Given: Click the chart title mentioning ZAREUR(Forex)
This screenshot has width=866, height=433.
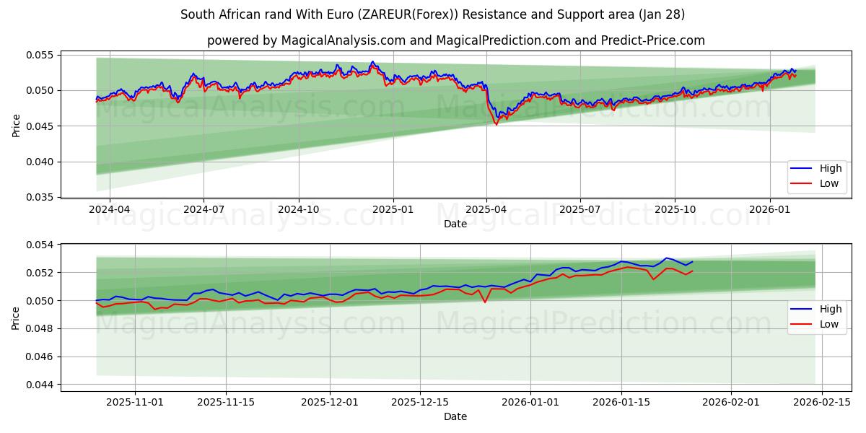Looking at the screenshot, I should pyautogui.click(x=432, y=14).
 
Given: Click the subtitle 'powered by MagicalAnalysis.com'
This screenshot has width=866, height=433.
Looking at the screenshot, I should pyautogui.click(x=307, y=40).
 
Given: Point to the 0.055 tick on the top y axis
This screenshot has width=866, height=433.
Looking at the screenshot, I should pyautogui.click(x=40, y=55).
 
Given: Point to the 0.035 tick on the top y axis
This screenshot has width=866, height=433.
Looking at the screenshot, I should pyautogui.click(x=40, y=197).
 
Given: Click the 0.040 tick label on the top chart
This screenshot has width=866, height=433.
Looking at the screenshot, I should pyautogui.click(x=40, y=162).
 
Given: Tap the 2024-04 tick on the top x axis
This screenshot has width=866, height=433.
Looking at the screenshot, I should pyautogui.click(x=109, y=209).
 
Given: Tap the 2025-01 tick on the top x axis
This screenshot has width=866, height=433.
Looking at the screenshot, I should pyautogui.click(x=393, y=209).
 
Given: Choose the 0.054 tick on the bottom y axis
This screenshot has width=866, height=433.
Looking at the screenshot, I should pyautogui.click(x=40, y=245).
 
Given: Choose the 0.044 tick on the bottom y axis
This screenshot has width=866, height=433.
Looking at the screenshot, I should pyautogui.click(x=40, y=385).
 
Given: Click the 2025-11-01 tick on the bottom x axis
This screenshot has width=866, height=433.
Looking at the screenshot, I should pyautogui.click(x=135, y=402).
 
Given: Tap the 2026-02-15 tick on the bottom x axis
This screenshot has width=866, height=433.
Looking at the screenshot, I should pyautogui.click(x=823, y=402).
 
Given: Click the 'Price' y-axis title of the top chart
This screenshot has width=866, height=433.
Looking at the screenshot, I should pyautogui.click(x=17, y=126).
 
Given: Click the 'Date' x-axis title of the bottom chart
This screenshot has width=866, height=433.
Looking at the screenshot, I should pyautogui.click(x=455, y=416).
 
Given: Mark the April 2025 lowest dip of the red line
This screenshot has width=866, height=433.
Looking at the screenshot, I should pyautogui.click(x=496, y=124).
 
